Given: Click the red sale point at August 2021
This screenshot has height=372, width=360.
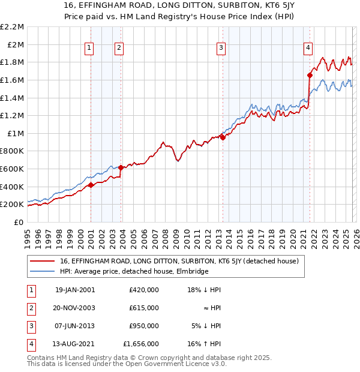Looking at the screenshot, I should click(310, 75).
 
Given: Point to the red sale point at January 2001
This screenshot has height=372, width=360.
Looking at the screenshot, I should click(91, 185).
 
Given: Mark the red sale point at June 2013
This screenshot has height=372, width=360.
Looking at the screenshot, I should click(223, 137).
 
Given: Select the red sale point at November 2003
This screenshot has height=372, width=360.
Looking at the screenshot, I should click(121, 167).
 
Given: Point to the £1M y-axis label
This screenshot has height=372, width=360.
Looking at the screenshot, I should click(16, 133).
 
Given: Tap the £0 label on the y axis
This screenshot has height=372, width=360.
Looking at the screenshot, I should click(19, 222).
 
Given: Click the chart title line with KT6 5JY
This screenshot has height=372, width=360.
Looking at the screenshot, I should click(180, 6).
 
